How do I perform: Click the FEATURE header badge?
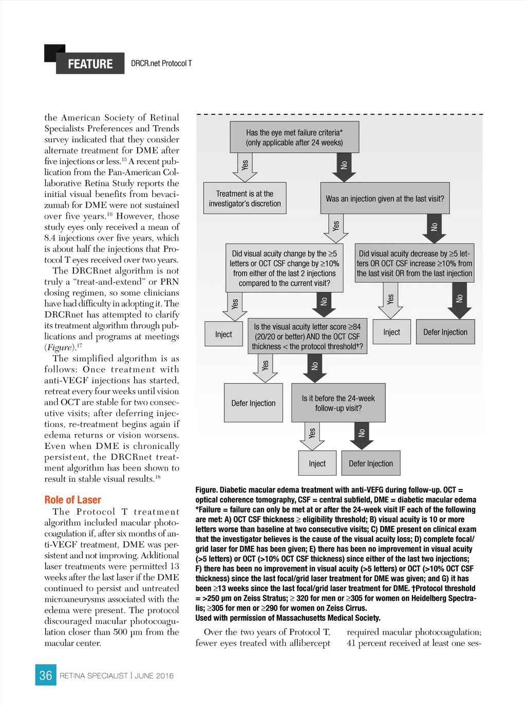pos(90,64)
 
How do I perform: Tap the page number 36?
pos(46,675)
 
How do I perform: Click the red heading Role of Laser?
pos(72,500)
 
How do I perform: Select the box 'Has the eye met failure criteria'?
pos(294,138)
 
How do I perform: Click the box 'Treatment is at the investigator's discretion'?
pos(245,199)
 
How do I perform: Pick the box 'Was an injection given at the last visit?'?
pos(385,199)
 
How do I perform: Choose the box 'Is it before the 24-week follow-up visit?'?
pos(338,403)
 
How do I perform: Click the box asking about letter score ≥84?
pos(307,337)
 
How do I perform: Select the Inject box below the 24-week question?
pos(317,463)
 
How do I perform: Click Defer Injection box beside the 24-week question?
pos(370,463)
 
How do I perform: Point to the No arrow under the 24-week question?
pos(362,435)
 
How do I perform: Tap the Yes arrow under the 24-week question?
pos(312,436)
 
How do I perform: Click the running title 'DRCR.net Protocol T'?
pos(161,64)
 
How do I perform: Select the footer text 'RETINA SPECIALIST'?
pos(93,676)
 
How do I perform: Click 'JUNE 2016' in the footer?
pos(154,676)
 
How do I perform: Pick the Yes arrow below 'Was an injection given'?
pos(336,228)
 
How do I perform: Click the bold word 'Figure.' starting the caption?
pos(206,490)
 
